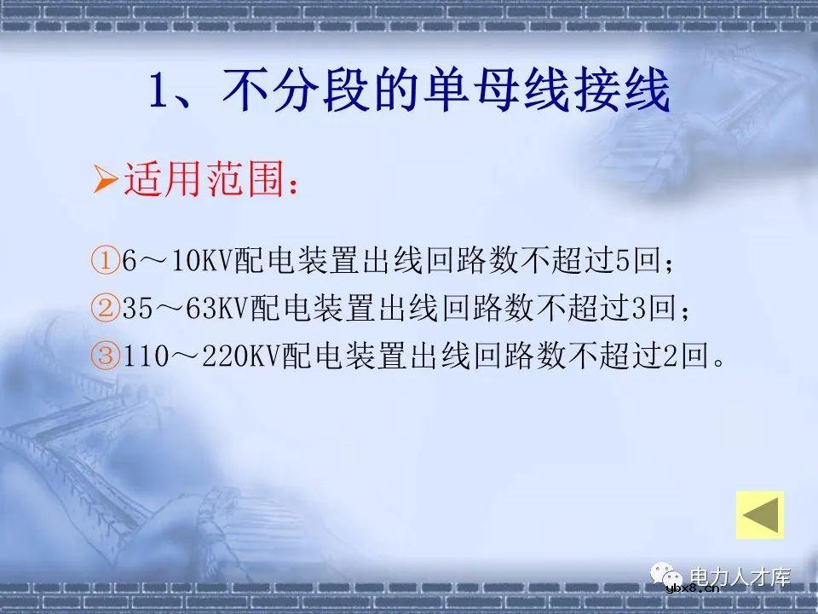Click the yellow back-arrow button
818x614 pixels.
[x=760, y=514]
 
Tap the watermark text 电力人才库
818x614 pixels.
[x=740, y=577]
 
